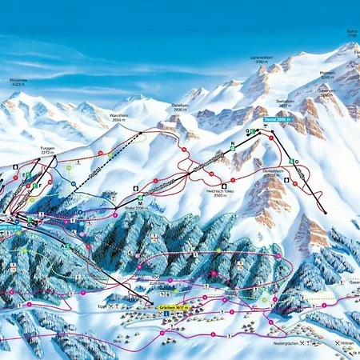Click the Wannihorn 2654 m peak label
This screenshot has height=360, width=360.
[119, 117]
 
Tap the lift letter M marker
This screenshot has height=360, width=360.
[140, 203]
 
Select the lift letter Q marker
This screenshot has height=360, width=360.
[247, 131]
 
